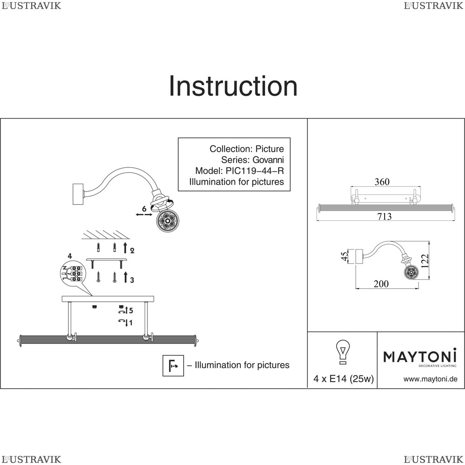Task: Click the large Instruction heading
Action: tap(233, 86)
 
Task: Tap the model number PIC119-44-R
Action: tap(255, 171)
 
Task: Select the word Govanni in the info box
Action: tap(268, 160)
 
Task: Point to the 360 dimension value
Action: tap(382, 181)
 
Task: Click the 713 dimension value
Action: tap(385, 217)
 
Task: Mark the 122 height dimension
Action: tap(425, 261)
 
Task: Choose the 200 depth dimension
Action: tap(381, 284)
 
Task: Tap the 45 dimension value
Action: tap(344, 256)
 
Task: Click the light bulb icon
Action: tap(343, 352)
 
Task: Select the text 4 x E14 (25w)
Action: tap(344, 379)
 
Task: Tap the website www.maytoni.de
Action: tap(430, 379)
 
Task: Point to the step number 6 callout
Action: tap(144, 209)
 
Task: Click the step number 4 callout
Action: tap(70, 256)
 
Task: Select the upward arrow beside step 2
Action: tap(125, 247)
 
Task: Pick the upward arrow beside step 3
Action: tap(126, 277)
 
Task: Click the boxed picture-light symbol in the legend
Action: tap(173, 365)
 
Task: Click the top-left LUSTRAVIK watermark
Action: tap(31, 6)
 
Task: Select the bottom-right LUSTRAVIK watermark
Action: tap(433, 459)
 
